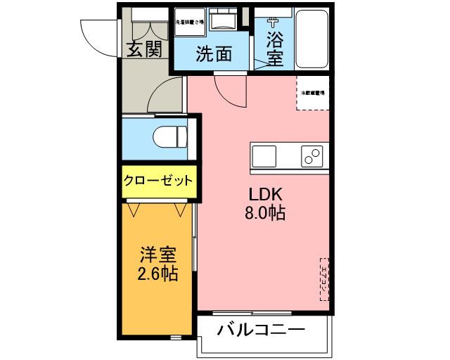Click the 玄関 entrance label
(145, 49)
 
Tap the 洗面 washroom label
(214, 54)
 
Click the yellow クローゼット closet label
(158, 181)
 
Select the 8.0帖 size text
(264, 213)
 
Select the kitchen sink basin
(266, 155)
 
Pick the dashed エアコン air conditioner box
(324, 278)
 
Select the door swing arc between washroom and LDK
(228, 88)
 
